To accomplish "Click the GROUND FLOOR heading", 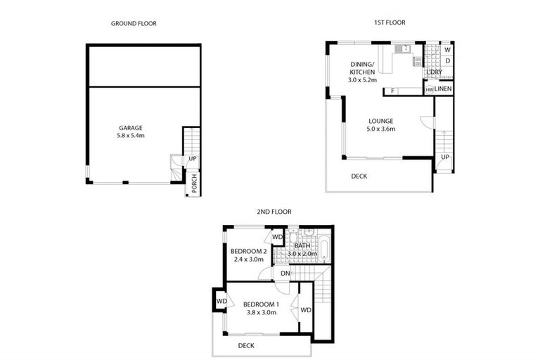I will [134, 23].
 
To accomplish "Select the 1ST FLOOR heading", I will [389, 22].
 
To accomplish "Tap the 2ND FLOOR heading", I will [274, 211].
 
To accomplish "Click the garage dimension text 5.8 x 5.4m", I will [131, 136].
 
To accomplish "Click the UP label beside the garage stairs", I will [193, 159].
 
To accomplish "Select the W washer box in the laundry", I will [447, 49].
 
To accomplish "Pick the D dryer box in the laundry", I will [447, 61].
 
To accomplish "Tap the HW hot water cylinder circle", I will [428, 90].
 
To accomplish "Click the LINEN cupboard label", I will [443, 89].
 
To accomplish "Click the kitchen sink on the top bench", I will [403, 49].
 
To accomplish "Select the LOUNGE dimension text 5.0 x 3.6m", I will [380, 129].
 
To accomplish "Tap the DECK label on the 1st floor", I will [359, 176].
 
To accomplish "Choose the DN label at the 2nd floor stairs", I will [285, 274].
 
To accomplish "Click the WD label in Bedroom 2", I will [277, 237].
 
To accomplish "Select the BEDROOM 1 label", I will [262, 304].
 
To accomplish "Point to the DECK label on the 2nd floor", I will [245, 345].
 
